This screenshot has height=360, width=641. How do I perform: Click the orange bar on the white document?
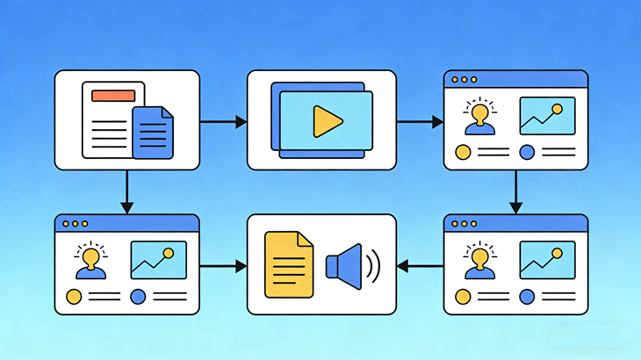[112, 95]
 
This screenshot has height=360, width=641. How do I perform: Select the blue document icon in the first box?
[153, 133]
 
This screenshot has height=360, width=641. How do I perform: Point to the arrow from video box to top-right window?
[420, 122]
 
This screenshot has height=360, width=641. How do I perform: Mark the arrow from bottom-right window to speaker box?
[420, 264]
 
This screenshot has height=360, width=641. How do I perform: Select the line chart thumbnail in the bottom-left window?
[158, 260]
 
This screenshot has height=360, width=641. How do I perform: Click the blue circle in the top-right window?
[527, 152]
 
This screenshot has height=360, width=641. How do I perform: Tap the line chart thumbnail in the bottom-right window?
[547, 260]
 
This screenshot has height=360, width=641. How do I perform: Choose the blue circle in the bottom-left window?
[138, 296]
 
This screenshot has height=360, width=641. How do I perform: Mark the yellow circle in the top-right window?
[463, 152]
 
